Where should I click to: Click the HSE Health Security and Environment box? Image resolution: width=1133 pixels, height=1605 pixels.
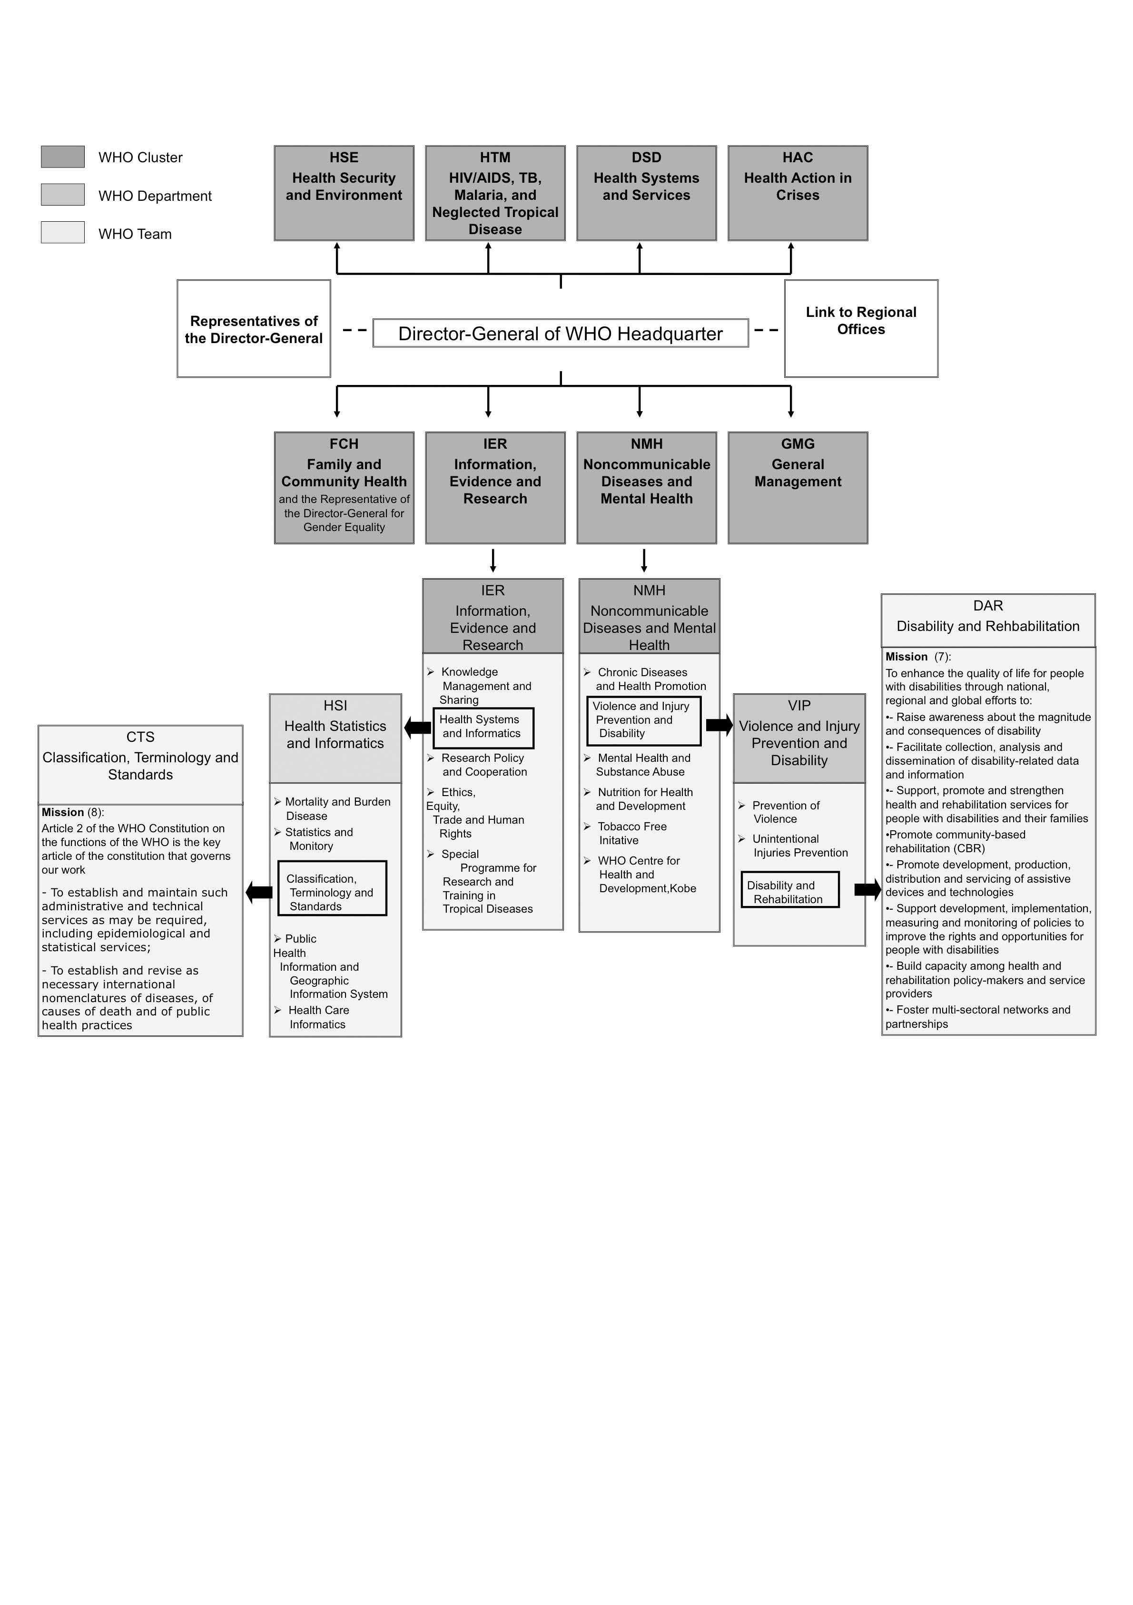(344, 193)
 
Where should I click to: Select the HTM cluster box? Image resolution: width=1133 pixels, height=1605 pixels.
(495, 193)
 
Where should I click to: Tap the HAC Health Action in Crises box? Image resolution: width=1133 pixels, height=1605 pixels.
(798, 193)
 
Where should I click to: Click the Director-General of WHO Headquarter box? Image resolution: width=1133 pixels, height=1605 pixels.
(561, 334)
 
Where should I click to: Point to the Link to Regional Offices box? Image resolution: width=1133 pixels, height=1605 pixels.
(861, 328)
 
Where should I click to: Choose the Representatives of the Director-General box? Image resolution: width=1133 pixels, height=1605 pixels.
(254, 328)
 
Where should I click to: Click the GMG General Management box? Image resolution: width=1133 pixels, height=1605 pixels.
(798, 487)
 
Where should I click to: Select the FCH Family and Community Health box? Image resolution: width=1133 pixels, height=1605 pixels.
(344, 487)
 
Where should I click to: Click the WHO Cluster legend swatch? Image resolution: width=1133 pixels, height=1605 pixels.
(63, 157)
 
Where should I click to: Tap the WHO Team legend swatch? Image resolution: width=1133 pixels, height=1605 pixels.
(63, 233)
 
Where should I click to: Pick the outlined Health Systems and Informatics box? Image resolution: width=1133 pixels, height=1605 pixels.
(483, 727)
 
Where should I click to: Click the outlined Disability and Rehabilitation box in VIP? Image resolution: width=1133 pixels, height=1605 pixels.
(790, 890)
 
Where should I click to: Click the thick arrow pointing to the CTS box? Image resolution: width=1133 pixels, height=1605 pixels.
(259, 892)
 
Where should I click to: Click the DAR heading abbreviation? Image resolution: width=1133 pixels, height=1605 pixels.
(987, 605)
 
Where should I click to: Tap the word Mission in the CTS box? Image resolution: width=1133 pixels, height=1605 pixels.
(62, 812)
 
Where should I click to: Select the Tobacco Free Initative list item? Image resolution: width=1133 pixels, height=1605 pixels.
(632, 833)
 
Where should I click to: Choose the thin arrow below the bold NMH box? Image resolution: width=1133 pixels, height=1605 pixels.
(644, 560)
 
